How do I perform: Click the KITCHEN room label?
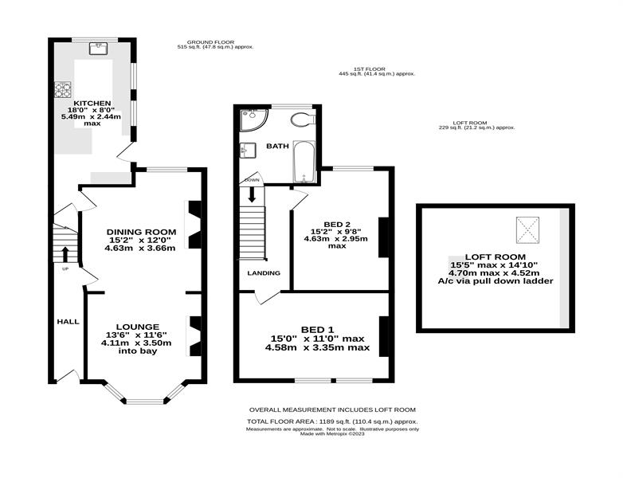[x=92, y=104]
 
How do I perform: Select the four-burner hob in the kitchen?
[x=63, y=89]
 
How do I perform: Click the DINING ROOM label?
[x=141, y=232]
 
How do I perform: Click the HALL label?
[x=69, y=321]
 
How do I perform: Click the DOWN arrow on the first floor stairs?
[x=252, y=194]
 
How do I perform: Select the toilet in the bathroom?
[x=303, y=119]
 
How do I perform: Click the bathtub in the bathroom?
[x=304, y=161]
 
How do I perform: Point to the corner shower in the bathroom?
[x=254, y=119]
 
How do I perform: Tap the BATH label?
[x=278, y=146]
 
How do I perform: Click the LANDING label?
[x=264, y=273]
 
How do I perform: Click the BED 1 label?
[x=317, y=329]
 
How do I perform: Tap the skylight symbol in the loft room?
[x=527, y=229]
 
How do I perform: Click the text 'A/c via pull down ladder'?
[x=496, y=281]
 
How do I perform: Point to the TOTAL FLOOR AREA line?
[x=332, y=421]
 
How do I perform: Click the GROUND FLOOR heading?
[x=210, y=42]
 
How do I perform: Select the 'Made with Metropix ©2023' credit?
[x=332, y=434]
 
